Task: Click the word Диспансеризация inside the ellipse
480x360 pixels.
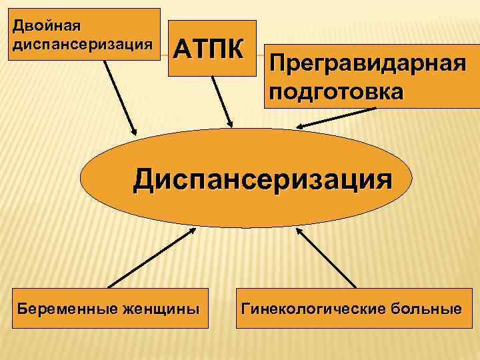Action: (x=261, y=179)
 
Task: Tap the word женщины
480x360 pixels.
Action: (x=160, y=309)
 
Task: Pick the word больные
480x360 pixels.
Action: (x=428, y=309)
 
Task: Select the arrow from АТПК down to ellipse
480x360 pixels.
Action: (x=221, y=100)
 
